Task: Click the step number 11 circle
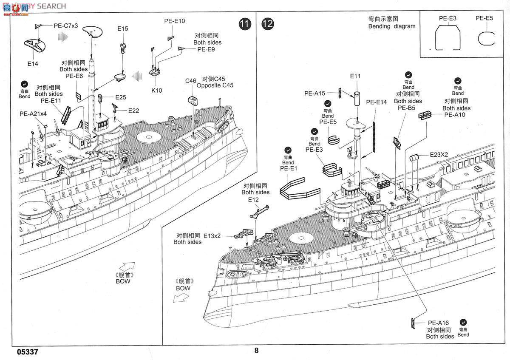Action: click(x=244, y=24)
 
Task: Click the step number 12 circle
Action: click(x=268, y=24)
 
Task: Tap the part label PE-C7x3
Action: click(x=66, y=26)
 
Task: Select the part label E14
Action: click(x=33, y=64)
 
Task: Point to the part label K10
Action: click(x=156, y=90)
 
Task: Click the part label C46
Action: click(x=190, y=81)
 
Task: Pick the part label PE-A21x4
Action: click(x=33, y=114)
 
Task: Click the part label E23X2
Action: click(x=439, y=155)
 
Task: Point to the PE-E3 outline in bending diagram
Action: click(x=448, y=38)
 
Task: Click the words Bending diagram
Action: click(x=392, y=26)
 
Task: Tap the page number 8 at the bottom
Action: click(x=256, y=351)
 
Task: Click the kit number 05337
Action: click(x=28, y=352)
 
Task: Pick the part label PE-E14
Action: click(x=376, y=102)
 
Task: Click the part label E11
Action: click(x=355, y=76)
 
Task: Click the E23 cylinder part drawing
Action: click(x=414, y=157)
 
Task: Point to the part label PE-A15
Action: click(x=314, y=93)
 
